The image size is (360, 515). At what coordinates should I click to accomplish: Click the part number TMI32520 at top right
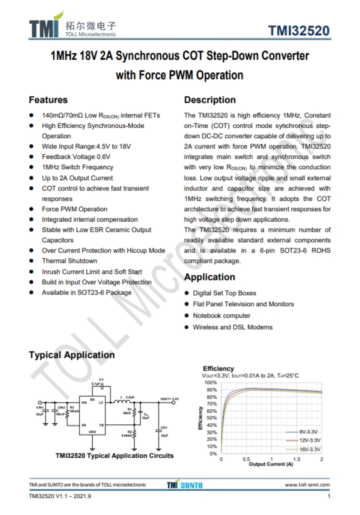(x=299, y=32)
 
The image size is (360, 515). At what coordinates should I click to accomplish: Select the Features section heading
(x=48, y=100)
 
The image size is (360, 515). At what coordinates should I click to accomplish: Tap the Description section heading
(x=210, y=100)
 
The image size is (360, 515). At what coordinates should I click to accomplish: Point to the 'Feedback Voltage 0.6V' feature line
(x=76, y=157)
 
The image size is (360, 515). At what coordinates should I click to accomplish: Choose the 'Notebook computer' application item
(x=222, y=316)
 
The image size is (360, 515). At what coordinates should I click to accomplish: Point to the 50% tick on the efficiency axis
(x=211, y=418)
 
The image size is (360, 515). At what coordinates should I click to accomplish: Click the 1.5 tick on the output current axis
(x=296, y=459)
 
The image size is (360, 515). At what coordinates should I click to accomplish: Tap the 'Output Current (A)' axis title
(x=270, y=464)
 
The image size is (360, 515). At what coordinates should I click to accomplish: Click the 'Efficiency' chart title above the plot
(x=218, y=369)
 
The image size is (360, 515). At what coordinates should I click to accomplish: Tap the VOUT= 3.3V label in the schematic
(x=170, y=399)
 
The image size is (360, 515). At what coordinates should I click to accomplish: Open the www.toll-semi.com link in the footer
(x=307, y=485)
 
